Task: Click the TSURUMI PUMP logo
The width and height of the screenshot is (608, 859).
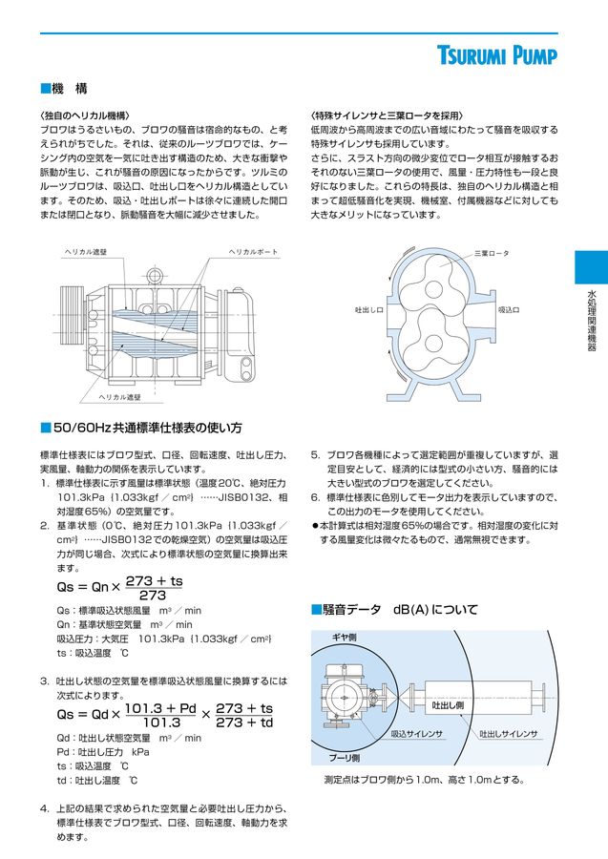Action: coord(512,54)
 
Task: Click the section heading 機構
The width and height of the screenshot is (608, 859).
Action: coord(69,89)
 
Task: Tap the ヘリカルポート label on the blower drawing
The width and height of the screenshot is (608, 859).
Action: coord(254,251)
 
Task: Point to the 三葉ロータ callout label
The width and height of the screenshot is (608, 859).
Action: coord(493,253)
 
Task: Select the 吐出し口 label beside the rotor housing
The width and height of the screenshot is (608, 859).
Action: coord(368,310)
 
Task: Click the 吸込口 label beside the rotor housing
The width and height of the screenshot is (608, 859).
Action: coord(509,310)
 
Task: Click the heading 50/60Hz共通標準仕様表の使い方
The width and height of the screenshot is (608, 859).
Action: coord(147,427)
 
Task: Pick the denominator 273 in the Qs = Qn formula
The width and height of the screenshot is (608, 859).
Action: coord(152,596)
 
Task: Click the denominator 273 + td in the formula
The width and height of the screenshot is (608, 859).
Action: coord(244,723)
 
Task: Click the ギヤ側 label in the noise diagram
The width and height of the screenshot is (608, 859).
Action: coord(344,637)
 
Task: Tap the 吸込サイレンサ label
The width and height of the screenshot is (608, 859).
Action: coord(417,734)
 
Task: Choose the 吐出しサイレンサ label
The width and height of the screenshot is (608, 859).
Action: coord(509,734)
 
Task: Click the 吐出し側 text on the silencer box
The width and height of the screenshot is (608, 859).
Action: coord(448,704)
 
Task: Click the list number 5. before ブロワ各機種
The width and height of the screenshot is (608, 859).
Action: coord(316,455)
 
